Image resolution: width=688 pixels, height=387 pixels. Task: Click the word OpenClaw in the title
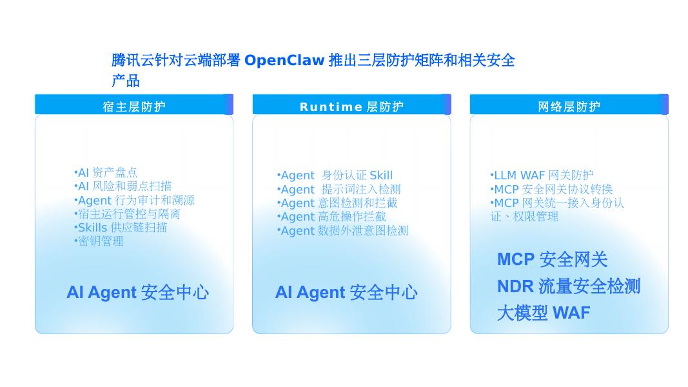(284, 60)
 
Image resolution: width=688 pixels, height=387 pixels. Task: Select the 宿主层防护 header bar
(134, 104)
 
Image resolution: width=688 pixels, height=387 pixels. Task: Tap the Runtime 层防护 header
(351, 104)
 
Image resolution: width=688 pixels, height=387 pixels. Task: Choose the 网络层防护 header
(569, 104)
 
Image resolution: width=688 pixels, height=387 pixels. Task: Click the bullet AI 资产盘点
(106, 172)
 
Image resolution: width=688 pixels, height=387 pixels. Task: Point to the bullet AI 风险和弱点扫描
(123, 186)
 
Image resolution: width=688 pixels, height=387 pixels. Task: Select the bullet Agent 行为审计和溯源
(134, 200)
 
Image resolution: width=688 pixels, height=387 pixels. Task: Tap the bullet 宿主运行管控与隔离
(127, 213)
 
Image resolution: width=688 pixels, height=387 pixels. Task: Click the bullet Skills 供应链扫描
(121, 227)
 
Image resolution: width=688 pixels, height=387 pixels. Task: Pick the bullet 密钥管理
(99, 241)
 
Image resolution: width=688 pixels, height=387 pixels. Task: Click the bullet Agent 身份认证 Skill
(335, 175)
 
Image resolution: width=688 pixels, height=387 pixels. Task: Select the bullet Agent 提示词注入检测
(339, 189)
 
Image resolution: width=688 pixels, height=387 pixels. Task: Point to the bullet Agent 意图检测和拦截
(337, 203)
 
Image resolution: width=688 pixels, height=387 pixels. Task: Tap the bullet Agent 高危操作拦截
(331, 216)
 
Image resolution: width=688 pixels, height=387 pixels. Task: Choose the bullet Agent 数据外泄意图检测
(342, 230)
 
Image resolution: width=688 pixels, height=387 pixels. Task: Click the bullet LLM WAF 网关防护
(542, 175)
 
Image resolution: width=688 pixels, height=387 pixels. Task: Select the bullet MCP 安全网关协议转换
(551, 189)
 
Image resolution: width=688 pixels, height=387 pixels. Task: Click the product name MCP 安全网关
(553, 259)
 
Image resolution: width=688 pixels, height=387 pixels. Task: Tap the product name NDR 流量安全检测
(569, 286)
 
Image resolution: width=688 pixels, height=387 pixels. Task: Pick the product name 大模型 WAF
(544, 313)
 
